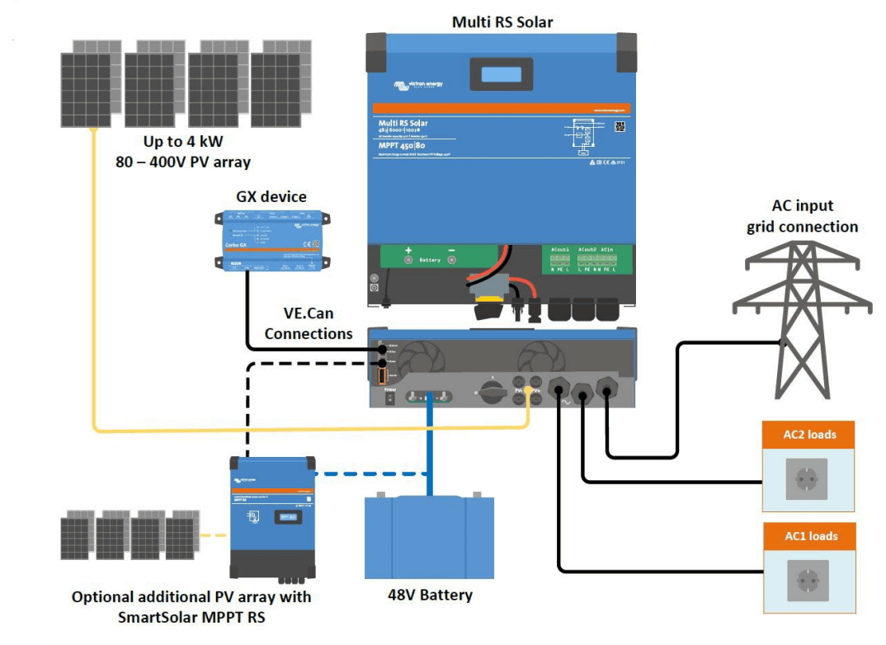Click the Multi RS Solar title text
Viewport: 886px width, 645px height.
pos(502,21)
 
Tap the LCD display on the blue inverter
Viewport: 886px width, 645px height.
pos(501,74)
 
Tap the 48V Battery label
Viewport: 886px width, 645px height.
pos(430,594)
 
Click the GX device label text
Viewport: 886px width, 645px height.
pos(271,196)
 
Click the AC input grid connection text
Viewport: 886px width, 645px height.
pos(802,216)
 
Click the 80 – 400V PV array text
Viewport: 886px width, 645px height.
pos(183,162)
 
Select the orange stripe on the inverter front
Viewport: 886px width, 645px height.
pos(501,109)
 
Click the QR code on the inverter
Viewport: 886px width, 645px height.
pos(620,126)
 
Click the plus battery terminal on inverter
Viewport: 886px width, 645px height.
pos(408,260)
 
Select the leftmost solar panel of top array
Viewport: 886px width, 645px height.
pos(87,89)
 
